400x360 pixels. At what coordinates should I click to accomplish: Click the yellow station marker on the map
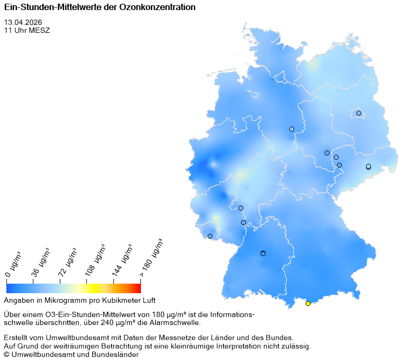pos(308,303)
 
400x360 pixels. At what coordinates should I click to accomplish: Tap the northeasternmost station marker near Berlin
pos(359,113)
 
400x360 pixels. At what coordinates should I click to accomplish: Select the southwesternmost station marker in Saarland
pos(210,236)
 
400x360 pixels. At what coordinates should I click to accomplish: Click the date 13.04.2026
pos(23,22)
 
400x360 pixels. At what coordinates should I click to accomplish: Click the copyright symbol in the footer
pos(7,354)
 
